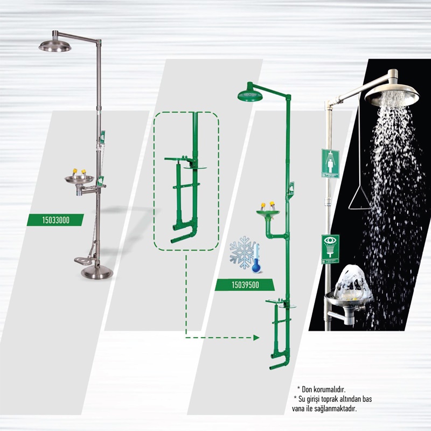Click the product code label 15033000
[55, 220]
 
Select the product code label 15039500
[245, 285]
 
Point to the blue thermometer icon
[256, 259]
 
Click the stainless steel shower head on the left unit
[55, 45]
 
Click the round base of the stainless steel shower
[97, 273]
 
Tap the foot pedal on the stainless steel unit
[84, 260]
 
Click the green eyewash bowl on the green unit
[268, 213]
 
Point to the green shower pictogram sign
[330, 164]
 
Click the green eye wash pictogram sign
[330, 249]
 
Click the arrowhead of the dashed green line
[256, 338]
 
